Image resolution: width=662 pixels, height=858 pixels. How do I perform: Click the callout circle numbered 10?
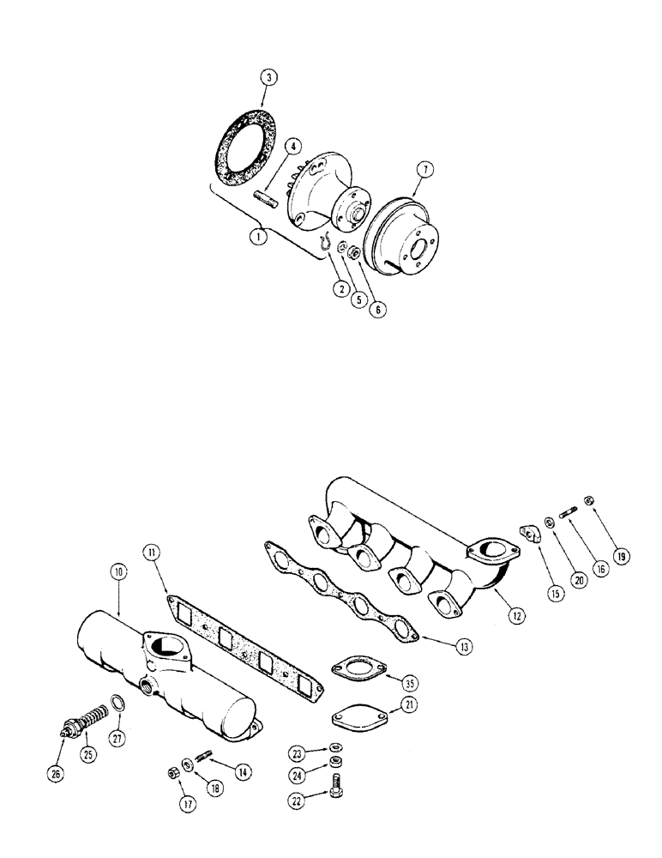[x=117, y=568]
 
